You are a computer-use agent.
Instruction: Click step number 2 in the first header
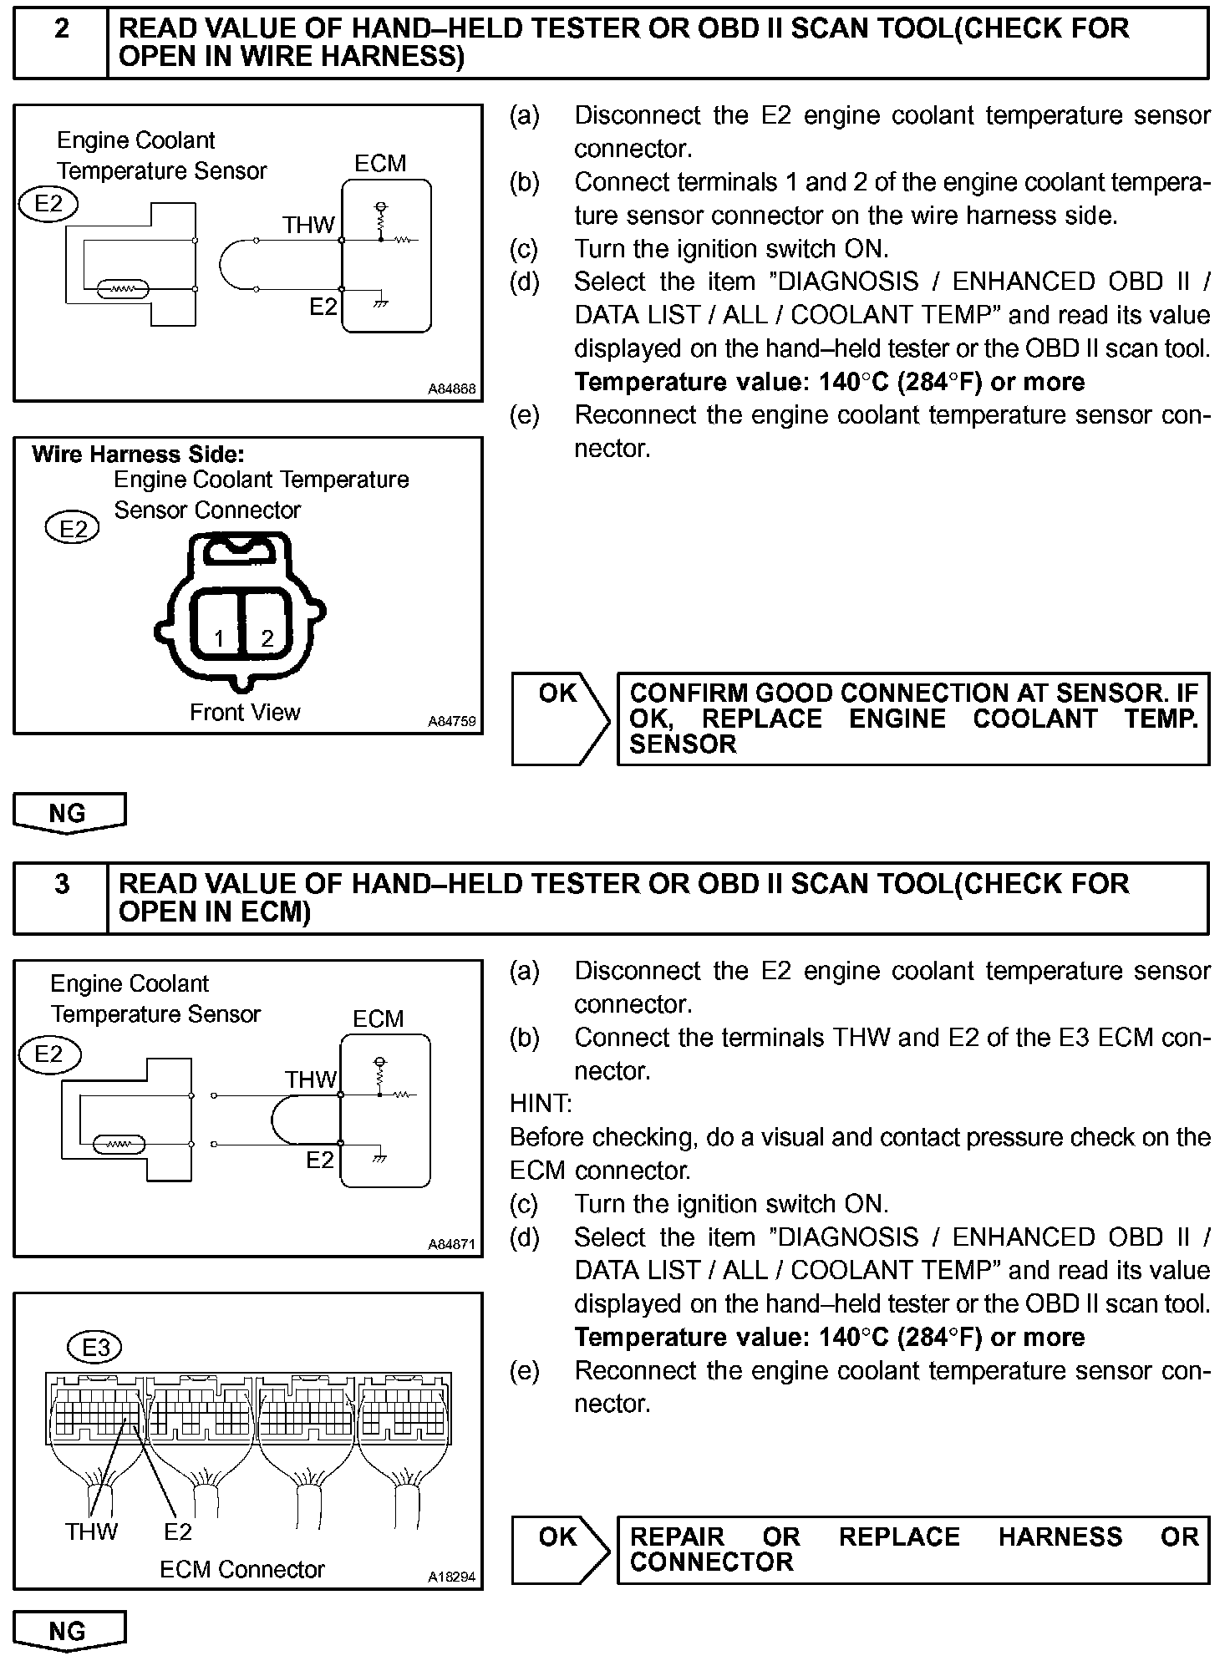(62, 28)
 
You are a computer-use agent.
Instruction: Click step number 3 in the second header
(62, 884)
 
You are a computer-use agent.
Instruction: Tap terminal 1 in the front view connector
(219, 639)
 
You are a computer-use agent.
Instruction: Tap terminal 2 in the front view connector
(267, 639)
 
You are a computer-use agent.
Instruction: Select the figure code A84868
(451, 389)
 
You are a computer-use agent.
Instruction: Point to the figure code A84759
(451, 721)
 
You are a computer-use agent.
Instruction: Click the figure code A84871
(451, 1245)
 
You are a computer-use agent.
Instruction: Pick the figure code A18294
(451, 1577)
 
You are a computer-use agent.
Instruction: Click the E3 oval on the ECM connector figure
(95, 1347)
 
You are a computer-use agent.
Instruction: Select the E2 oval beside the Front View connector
(73, 529)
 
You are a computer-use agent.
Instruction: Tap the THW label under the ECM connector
(92, 1531)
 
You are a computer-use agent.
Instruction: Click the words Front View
(245, 713)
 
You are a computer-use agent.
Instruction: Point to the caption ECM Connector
(241, 1570)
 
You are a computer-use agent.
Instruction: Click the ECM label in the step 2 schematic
(380, 164)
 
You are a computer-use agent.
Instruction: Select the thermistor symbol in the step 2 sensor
(123, 290)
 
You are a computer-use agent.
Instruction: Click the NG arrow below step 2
(69, 813)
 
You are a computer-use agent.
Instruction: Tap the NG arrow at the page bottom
(69, 1632)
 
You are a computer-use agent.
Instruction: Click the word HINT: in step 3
(541, 1104)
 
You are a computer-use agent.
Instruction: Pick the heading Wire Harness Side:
(138, 455)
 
